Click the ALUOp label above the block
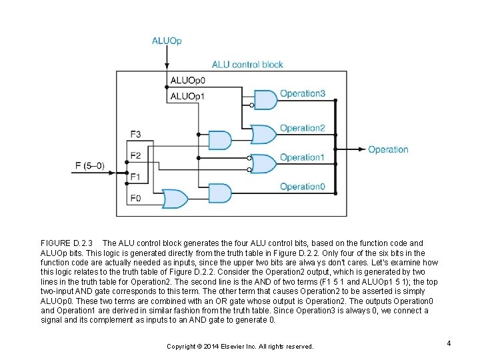point(166,41)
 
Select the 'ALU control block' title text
point(247,65)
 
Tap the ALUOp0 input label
point(187,81)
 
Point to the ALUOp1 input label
point(187,97)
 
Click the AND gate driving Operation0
point(221,193)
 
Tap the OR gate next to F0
point(175,198)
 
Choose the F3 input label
point(135,134)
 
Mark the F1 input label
point(135,177)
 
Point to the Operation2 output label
point(302,128)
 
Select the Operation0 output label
point(302,187)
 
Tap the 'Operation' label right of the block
point(388,149)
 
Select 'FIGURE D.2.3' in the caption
point(70,243)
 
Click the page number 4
point(449,343)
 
